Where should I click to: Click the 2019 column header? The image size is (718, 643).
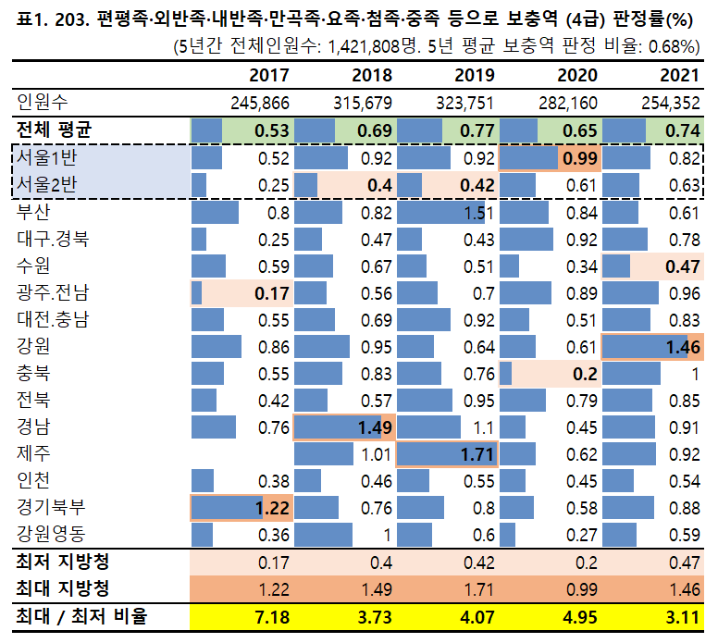[x=476, y=75]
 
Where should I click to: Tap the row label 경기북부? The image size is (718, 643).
[x=51, y=508]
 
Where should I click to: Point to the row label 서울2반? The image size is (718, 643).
[x=46, y=185]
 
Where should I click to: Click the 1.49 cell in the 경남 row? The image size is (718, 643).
[x=375, y=427]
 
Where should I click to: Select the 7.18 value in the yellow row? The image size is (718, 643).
[x=272, y=616]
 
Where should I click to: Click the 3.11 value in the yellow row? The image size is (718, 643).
[x=683, y=616]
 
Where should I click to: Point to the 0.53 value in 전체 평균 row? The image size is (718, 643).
[x=272, y=130]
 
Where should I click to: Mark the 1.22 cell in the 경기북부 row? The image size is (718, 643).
[x=272, y=508]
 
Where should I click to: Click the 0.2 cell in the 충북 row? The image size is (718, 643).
[x=584, y=374]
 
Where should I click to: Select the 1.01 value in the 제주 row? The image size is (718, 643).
[x=376, y=454]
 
